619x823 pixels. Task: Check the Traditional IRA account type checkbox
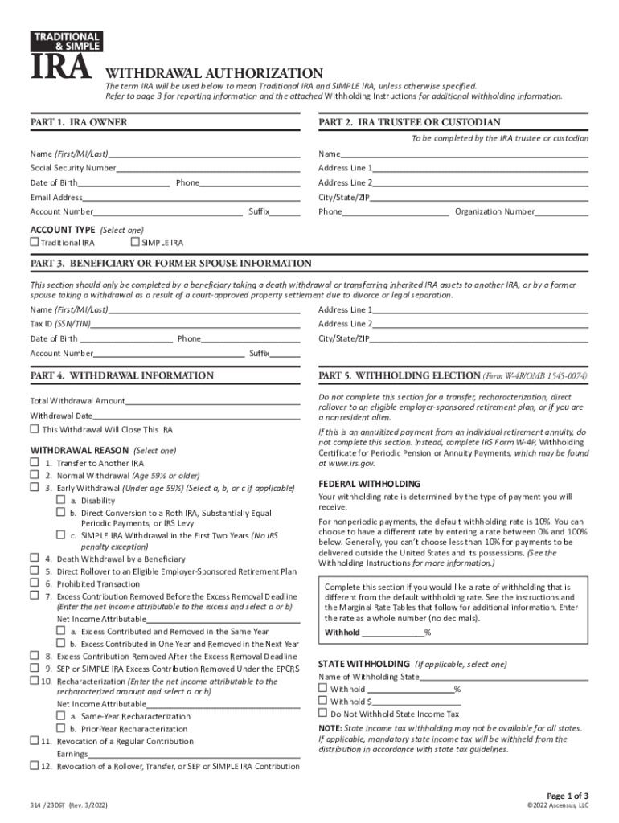[35, 242]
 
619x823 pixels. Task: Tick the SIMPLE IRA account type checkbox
[135, 242]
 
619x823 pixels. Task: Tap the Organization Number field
[561, 212]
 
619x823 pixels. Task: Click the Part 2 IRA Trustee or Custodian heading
[409, 122]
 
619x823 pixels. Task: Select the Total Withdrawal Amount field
[212, 400]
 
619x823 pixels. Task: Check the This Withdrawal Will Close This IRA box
[35, 429]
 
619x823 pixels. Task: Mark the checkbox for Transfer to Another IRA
[35, 463]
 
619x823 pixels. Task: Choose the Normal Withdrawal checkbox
[35, 475]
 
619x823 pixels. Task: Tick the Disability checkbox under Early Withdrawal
[60, 499]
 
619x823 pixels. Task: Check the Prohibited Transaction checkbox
[35, 583]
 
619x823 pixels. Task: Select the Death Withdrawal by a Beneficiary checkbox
[35, 558]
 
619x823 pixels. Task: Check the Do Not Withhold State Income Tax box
[323, 713]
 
